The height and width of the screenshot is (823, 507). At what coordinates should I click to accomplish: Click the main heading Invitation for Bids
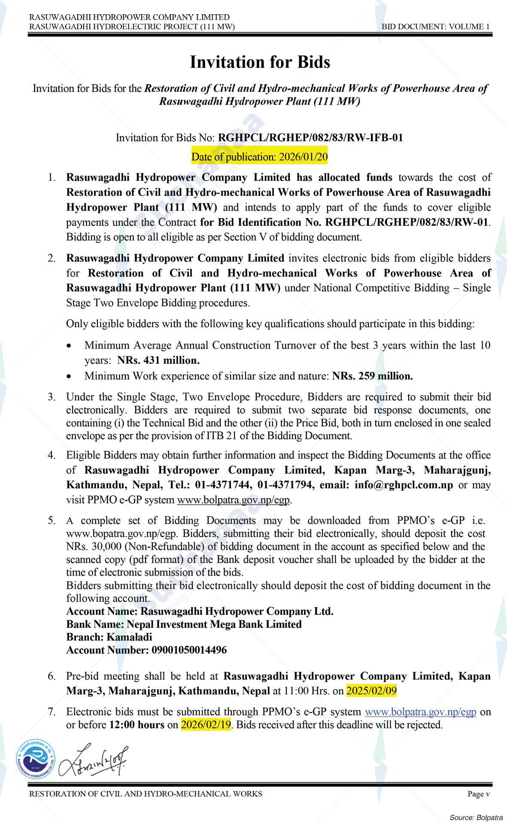[x=260, y=62]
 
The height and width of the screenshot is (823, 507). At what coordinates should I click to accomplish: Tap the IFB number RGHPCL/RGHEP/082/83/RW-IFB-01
[x=310, y=138]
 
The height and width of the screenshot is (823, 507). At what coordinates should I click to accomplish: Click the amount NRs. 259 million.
[x=373, y=376]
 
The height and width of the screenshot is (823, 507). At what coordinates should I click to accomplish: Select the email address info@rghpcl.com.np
[x=404, y=485]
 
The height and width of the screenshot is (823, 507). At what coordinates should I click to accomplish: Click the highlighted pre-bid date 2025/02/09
[x=372, y=691]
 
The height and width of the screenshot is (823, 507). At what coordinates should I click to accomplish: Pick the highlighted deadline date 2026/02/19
[x=206, y=725]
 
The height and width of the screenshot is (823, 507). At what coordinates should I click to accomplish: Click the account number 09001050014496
[x=189, y=650]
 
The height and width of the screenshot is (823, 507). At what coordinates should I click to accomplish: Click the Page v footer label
[x=478, y=794]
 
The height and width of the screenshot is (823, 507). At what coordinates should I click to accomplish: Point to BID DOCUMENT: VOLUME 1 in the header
[x=436, y=27]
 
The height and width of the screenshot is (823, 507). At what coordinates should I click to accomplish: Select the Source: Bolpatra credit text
[x=476, y=817]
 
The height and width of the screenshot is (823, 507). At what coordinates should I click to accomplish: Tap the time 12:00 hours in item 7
[x=137, y=725]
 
